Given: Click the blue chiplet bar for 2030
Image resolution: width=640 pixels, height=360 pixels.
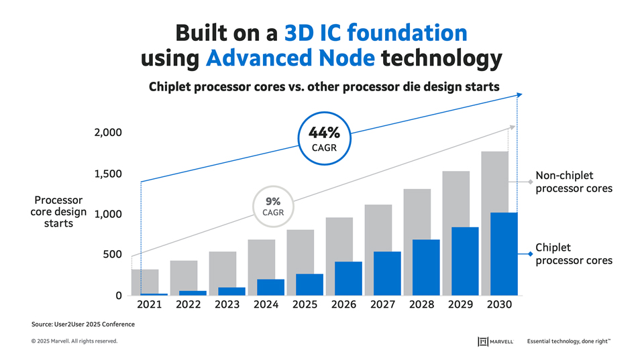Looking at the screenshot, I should (503, 254).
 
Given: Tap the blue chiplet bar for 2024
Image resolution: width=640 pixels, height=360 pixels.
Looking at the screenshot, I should (271, 287).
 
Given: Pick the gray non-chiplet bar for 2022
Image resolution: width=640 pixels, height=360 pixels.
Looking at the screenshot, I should (184, 275).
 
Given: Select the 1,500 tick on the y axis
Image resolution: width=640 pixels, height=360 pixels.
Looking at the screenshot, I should (108, 174).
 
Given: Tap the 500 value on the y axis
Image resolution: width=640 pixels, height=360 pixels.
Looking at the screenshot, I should (113, 255).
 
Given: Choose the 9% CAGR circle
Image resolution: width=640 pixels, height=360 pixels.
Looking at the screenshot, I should (272, 206).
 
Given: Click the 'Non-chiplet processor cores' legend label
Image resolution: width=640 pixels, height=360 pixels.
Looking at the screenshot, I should (574, 182).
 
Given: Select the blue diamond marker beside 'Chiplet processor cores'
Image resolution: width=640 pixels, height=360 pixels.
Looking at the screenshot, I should (531, 253).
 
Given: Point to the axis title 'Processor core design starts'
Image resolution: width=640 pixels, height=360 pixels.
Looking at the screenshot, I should (58, 212).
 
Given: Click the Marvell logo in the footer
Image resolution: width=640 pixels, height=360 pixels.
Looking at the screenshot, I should (496, 342).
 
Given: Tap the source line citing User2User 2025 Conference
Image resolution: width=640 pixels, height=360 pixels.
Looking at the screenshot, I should (83, 324).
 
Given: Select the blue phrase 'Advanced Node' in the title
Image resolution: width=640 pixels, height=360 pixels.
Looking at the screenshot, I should (290, 59).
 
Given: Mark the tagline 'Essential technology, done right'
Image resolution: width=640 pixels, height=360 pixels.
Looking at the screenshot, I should (569, 342).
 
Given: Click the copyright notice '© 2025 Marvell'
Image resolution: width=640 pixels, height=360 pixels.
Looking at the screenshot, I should (74, 342).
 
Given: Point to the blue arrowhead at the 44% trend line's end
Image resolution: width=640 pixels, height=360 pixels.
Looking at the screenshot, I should (518, 95).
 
